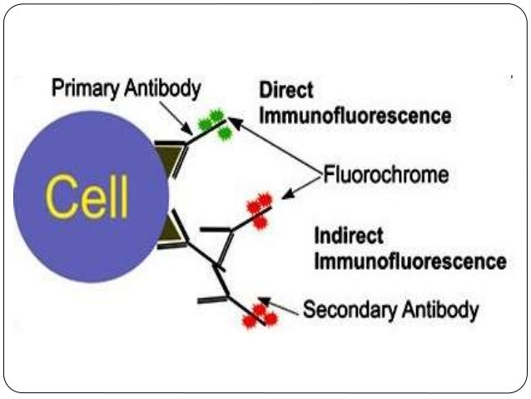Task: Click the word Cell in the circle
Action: [x=87, y=198]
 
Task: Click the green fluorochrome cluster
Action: [x=213, y=125]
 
